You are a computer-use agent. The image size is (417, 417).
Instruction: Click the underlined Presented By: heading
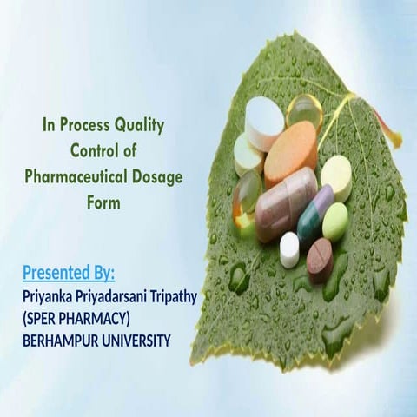[69, 275]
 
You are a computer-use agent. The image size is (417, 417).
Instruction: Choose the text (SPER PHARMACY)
[76, 318]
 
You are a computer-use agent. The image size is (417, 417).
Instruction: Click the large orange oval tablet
[291, 154]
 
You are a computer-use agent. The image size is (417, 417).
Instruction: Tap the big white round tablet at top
[264, 122]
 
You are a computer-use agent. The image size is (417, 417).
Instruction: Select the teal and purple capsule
[314, 213]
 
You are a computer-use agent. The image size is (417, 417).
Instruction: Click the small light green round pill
[335, 221]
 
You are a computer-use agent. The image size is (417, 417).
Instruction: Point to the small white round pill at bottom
[289, 249]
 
